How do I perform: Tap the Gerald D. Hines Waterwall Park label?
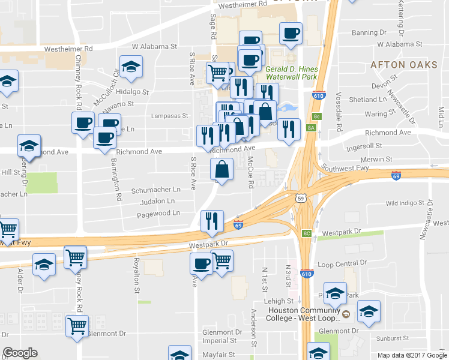(291, 73)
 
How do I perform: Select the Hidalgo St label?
(132, 92)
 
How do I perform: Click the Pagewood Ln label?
(158, 213)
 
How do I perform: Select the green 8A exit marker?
(311, 128)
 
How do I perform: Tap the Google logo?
(20, 353)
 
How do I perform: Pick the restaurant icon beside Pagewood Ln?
(211, 221)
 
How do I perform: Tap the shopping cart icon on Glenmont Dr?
(77, 326)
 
